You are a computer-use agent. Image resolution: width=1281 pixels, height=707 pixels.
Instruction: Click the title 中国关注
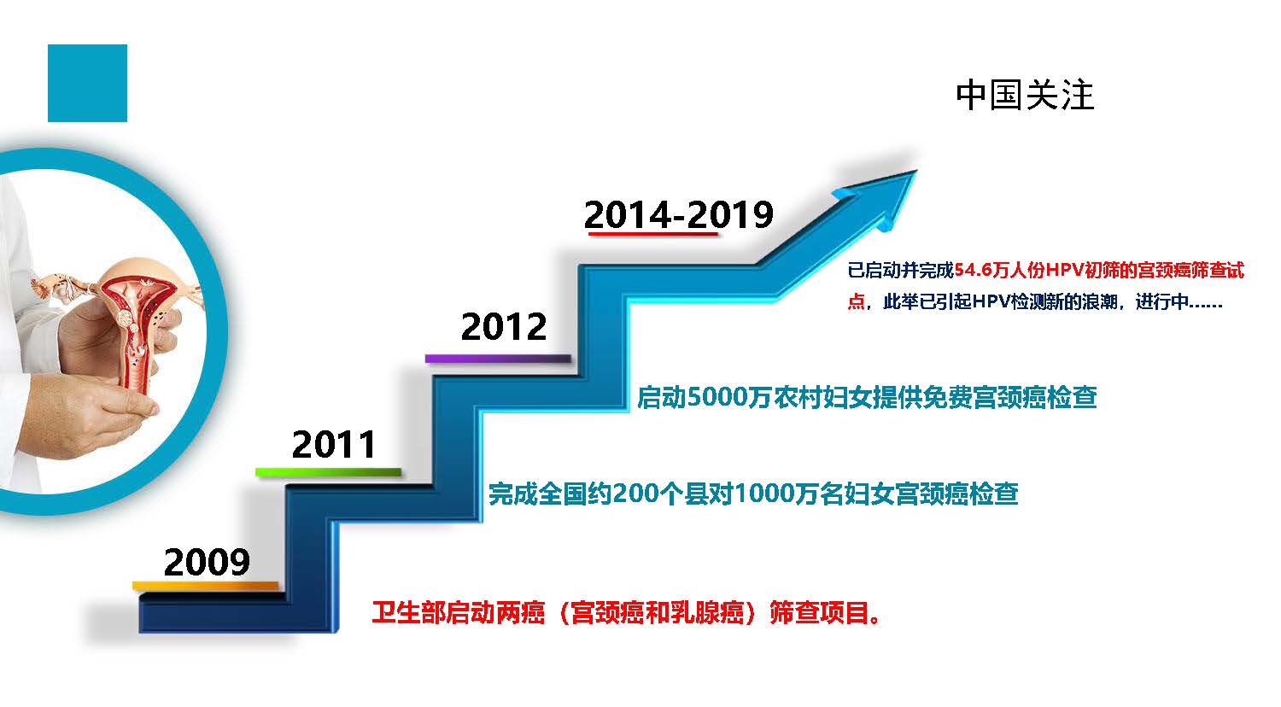pos(1025,95)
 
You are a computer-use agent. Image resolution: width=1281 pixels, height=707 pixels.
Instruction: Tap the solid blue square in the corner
pos(87,83)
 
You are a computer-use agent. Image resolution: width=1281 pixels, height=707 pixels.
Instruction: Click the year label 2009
pos(207,562)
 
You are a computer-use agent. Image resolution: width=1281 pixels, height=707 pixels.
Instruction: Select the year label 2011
pos(334,445)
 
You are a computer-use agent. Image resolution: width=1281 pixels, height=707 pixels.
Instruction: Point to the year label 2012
pos(504,327)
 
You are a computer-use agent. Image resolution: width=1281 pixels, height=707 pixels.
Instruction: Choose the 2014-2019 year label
pos(679,214)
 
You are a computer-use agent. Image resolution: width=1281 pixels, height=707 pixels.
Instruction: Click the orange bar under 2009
pos(205,586)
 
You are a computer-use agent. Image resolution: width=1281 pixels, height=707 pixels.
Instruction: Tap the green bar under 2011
pos(328,472)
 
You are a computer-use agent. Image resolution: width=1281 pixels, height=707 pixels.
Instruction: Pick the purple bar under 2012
pos(498,359)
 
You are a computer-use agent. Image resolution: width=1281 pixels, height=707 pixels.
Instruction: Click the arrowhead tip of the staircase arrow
pos(916,171)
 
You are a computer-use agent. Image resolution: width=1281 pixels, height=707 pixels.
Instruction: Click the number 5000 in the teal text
pos(717,398)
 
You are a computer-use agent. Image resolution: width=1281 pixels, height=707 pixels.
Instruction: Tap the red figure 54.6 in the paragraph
pos(973,270)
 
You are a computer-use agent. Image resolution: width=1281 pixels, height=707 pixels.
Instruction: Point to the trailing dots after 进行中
pos(1206,304)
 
